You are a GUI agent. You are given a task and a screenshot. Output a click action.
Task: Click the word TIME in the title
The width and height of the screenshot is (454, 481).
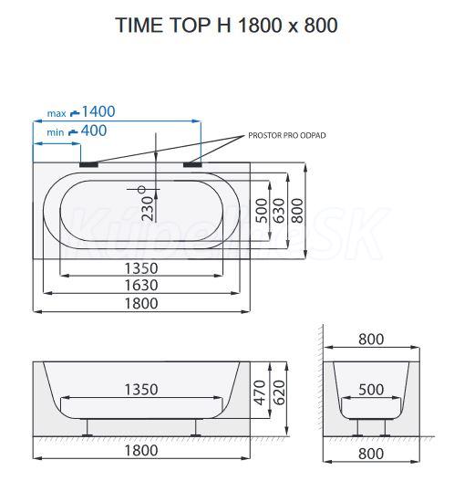[x=139, y=25]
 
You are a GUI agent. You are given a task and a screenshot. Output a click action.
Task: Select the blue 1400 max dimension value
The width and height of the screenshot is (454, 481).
[x=98, y=111]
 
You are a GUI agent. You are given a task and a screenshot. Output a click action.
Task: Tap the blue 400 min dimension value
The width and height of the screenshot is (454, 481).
[x=94, y=131]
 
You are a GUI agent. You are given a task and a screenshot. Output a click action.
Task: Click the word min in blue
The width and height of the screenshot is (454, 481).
[x=56, y=132]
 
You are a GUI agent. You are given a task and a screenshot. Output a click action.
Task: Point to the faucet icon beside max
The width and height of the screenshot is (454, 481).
[x=75, y=113]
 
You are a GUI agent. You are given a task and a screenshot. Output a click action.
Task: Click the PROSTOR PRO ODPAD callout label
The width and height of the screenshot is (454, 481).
[x=287, y=135]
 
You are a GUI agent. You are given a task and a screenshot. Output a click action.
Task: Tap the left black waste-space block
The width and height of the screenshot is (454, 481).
[x=88, y=164]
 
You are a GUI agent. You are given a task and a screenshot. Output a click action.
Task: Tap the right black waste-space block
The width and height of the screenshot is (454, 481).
[x=192, y=164]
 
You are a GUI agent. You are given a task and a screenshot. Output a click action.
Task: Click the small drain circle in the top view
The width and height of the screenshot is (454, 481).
[x=142, y=190]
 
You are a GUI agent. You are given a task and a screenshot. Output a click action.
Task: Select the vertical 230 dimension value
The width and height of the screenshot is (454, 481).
[x=149, y=209]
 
